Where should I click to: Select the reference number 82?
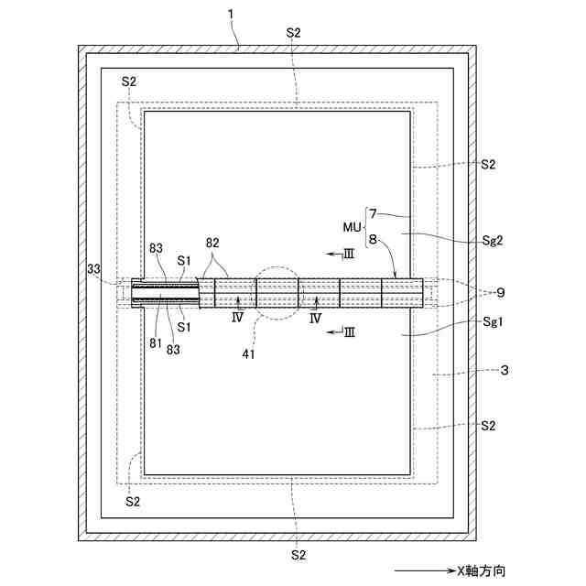click(212, 244)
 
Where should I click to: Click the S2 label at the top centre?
click(294, 32)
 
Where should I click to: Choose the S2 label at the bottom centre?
click(298, 555)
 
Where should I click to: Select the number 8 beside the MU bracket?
click(372, 240)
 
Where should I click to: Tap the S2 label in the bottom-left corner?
click(133, 501)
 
